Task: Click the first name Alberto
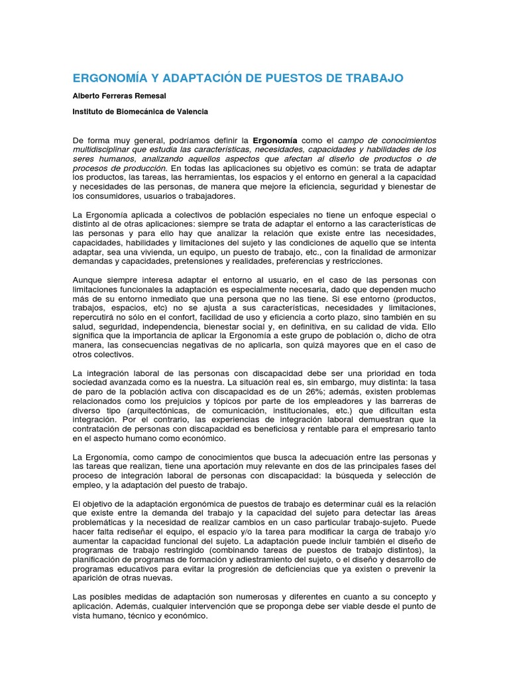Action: coord(87,96)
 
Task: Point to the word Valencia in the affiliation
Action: coord(191,111)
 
